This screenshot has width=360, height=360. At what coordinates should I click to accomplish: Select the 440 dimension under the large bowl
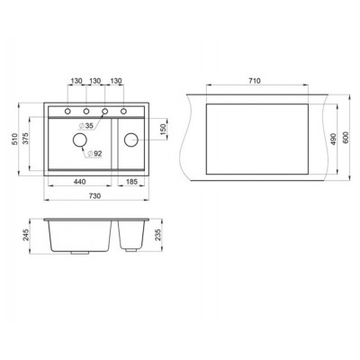(80, 183)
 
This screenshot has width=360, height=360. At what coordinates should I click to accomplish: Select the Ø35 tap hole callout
(88, 125)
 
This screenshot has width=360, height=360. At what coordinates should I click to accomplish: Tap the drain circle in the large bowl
(80, 141)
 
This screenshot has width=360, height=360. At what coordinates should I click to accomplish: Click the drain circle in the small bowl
(130, 139)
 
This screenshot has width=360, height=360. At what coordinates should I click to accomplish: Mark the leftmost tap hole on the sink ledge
(67, 112)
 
